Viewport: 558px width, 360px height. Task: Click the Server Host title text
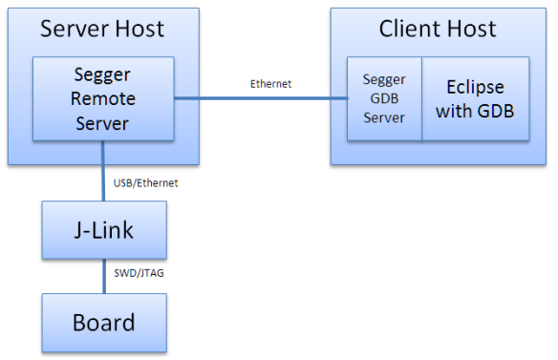pos(102,29)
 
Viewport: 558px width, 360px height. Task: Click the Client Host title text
pos(438,29)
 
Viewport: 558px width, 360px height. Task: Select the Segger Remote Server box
pos(103,98)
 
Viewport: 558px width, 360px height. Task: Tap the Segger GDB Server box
pos(383,98)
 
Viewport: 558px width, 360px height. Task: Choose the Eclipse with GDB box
pos(475,98)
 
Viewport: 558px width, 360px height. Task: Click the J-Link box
pos(103,231)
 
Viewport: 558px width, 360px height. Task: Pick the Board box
pos(103,321)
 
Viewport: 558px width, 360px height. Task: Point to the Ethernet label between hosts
pos(271,84)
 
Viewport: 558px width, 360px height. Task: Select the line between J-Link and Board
pos(104,276)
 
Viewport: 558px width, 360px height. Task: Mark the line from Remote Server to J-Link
pos(104,172)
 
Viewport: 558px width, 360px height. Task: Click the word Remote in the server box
pos(103,98)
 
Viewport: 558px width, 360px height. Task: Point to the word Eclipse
pos(475,88)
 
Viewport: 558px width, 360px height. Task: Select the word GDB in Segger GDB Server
pos(382,98)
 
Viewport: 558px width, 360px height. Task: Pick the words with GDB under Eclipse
pos(475,110)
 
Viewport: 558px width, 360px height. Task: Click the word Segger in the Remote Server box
pos(103,76)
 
